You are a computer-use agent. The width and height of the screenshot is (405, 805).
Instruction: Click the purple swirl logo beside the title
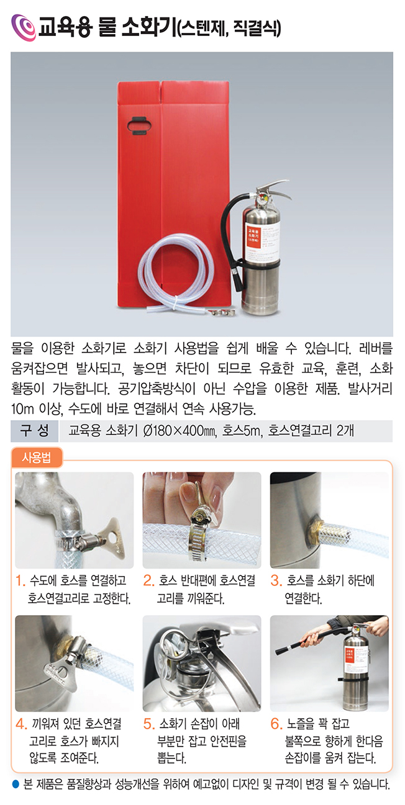[24, 28]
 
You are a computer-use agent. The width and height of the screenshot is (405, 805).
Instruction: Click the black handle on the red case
[139, 125]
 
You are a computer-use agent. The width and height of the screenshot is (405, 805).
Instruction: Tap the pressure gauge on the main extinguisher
[262, 199]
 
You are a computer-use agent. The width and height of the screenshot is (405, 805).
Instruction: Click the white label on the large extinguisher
[262, 240]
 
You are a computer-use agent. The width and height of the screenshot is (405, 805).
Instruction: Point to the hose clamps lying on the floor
[222, 313]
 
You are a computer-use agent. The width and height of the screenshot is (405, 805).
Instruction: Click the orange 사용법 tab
[37, 457]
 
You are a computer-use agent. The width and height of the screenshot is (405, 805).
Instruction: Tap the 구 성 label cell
[35, 431]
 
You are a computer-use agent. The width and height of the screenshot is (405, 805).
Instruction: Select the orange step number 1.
[20, 580]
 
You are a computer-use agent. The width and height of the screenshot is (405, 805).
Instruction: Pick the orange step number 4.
[21, 724]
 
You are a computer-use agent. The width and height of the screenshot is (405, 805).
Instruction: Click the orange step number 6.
[276, 724]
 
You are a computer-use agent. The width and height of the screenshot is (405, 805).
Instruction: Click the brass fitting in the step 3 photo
[314, 529]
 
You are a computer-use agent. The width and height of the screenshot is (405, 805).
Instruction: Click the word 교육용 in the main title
[65, 27]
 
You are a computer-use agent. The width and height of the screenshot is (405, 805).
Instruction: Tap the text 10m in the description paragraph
[22, 408]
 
